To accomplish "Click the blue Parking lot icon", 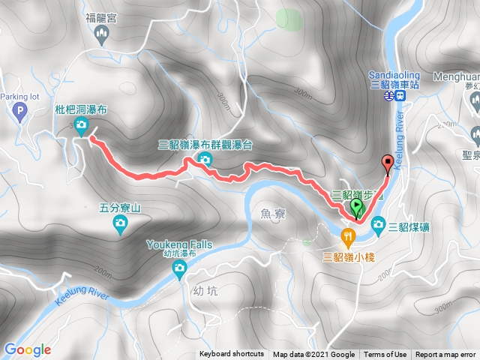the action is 20,112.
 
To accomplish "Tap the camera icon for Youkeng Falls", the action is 179,273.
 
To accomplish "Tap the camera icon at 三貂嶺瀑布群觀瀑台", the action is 204,159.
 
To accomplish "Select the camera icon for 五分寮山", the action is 120,223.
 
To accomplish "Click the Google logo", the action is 27,349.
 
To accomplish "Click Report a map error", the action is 446,355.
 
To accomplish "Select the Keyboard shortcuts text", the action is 232,355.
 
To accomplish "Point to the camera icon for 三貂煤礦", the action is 379,223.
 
